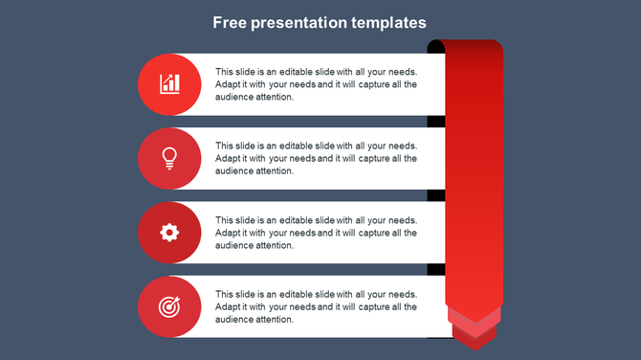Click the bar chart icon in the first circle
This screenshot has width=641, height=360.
click(x=169, y=84)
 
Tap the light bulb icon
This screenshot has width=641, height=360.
click(x=169, y=158)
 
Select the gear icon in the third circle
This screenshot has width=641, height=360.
click(x=169, y=232)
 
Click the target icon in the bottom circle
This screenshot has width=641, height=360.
click(x=169, y=306)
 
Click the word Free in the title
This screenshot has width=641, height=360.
click(x=230, y=22)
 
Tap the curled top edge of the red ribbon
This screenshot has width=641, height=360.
click(x=465, y=45)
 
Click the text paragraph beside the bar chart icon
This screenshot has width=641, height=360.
click(x=316, y=84)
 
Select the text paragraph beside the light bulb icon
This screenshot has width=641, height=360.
click(x=316, y=158)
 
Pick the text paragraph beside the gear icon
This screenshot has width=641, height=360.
click(x=316, y=233)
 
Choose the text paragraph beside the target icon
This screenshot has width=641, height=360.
click(x=316, y=306)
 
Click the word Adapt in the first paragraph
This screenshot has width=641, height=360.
click(x=229, y=84)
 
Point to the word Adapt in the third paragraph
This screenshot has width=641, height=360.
click(x=229, y=233)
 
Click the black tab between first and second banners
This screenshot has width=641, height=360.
click(x=436, y=122)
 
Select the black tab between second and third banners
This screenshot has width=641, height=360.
click(x=436, y=195)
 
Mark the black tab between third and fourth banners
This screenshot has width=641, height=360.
click(x=436, y=269)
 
